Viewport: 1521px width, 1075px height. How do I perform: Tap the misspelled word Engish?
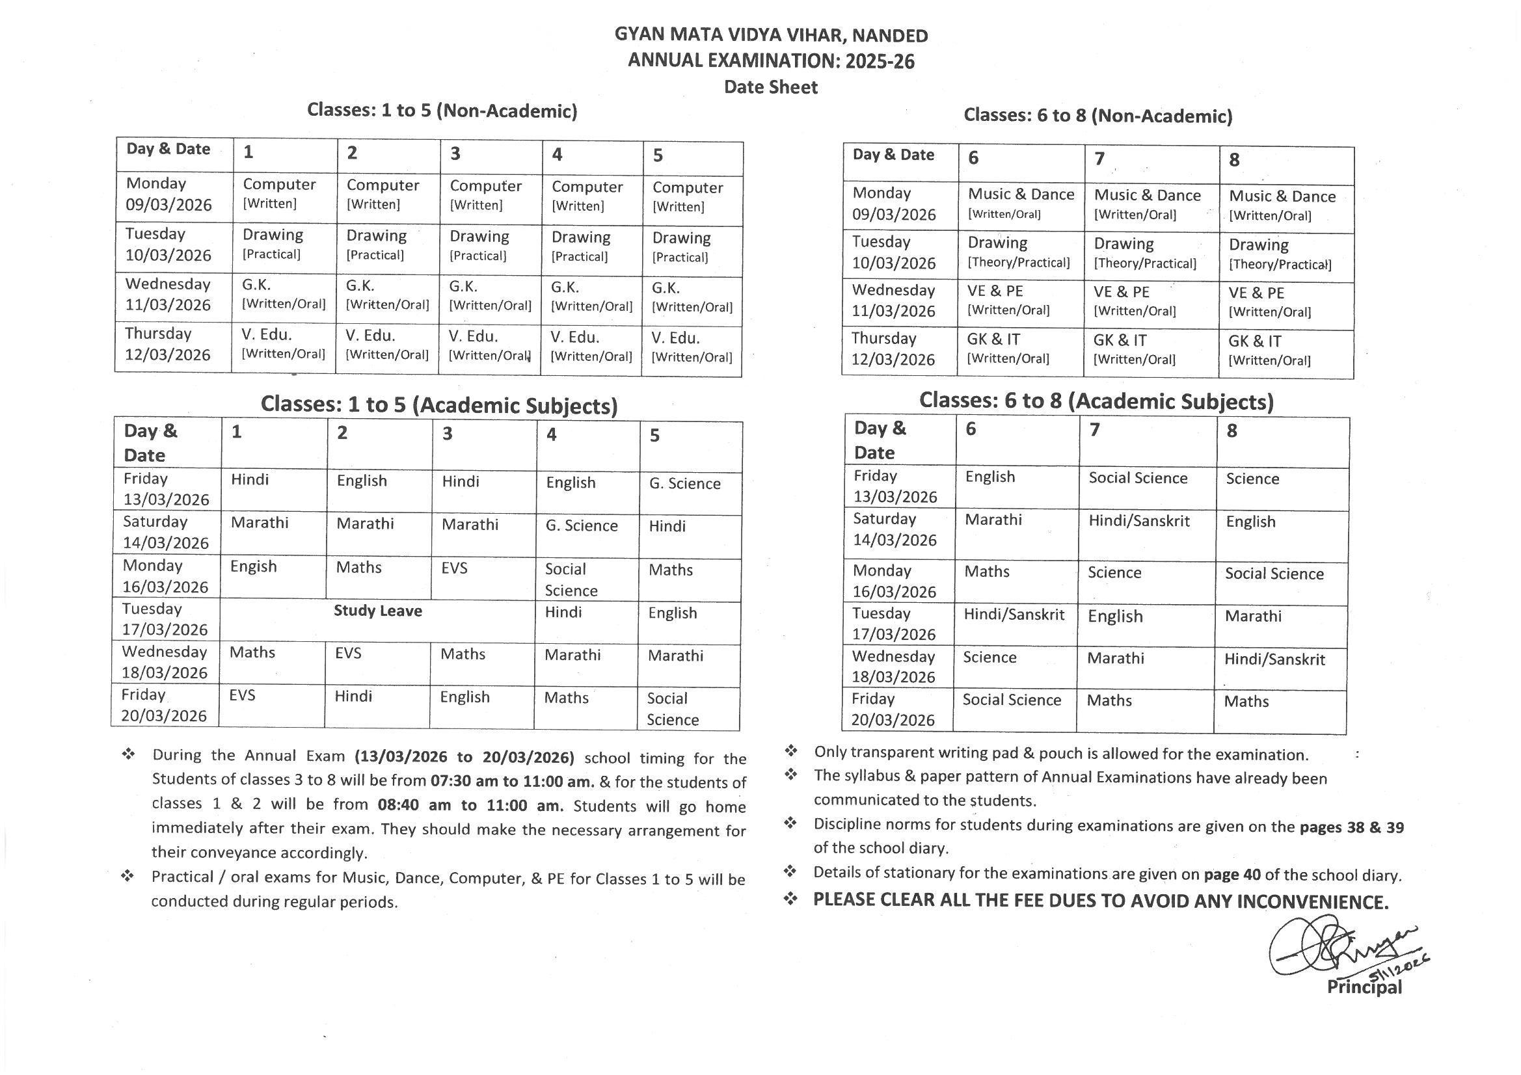(253, 567)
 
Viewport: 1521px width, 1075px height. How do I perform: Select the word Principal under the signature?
(1364, 988)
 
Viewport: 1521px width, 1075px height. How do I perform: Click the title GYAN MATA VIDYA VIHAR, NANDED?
(771, 35)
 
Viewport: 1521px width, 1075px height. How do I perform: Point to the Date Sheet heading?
(770, 87)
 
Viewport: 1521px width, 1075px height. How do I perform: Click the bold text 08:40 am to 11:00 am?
(470, 806)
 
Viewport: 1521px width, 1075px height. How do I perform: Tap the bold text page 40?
(1232, 874)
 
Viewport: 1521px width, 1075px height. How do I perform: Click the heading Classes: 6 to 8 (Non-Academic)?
(1097, 116)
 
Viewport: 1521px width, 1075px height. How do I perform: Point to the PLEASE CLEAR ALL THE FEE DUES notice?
(1100, 901)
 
